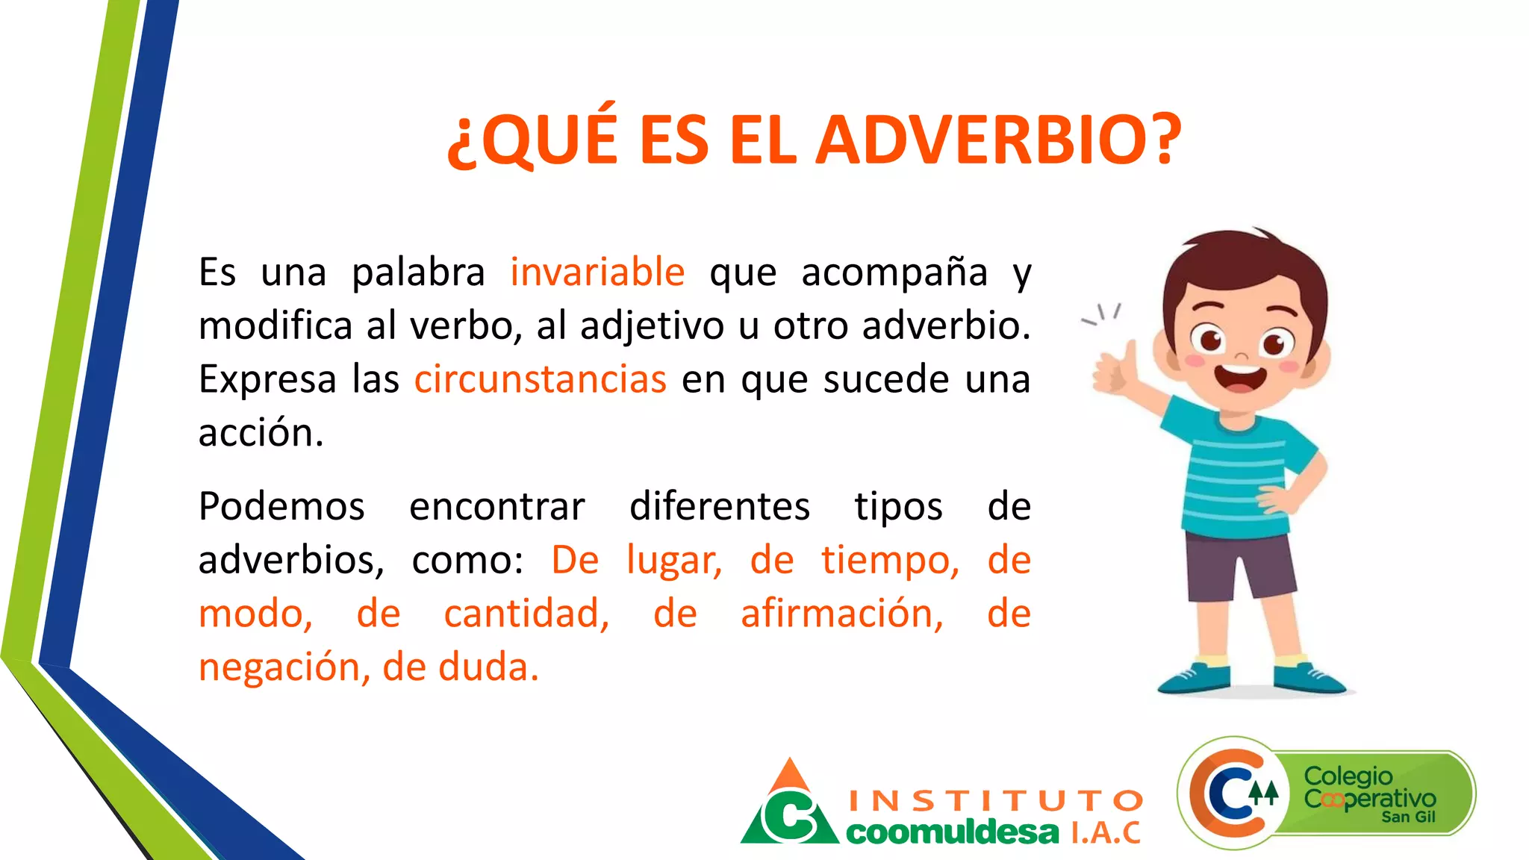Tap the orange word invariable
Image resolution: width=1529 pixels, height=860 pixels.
point(597,272)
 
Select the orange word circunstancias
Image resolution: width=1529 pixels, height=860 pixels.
point(540,379)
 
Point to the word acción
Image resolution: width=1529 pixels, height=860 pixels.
point(261,433)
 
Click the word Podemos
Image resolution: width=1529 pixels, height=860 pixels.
point(281,507)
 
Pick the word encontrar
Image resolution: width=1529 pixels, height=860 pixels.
point(496,507)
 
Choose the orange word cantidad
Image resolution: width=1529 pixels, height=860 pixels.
point(526,614)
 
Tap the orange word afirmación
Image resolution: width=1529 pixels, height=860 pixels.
point(841,614)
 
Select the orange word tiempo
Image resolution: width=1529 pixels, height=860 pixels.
point(890,560)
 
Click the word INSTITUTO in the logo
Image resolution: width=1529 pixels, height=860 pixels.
point(996,801)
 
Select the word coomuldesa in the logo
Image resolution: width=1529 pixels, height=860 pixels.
point(952,832)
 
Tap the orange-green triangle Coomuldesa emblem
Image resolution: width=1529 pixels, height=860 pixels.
point(790,806)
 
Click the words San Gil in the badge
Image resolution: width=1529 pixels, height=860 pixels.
point(1408,817)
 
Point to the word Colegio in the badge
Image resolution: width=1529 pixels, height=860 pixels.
point(1348,776)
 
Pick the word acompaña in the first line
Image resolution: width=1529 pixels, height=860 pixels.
point(894,272)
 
